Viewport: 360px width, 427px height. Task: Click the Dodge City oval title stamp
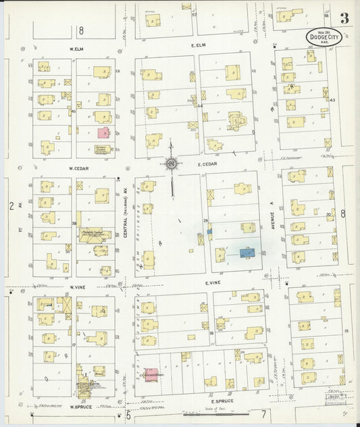[x=323, y=37]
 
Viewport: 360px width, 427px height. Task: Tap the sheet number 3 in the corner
[x=344, y=19]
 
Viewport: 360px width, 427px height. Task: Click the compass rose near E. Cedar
[x=171, y=163]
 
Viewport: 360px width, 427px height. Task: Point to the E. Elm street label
[x=197, y=45]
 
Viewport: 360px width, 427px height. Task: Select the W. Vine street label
[x=78, y=286]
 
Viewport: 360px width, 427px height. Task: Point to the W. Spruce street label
[x=80, y=407]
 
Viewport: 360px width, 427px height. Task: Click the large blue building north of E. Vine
[x=247, y=253]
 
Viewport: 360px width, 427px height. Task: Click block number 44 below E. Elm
[x=200, y=105]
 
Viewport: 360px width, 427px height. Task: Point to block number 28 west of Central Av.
[x=74, y=222]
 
